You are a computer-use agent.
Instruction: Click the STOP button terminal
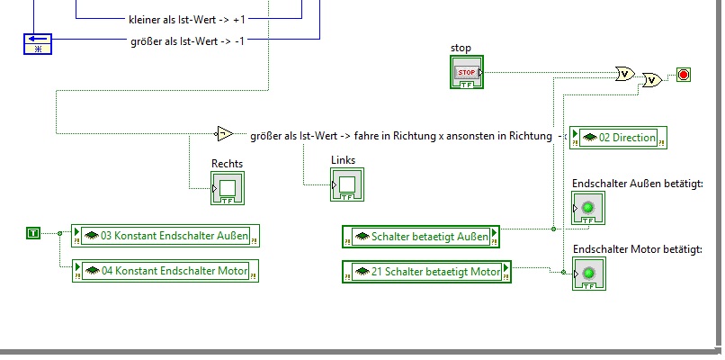(467, 72)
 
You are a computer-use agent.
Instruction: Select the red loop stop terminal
(684, 75)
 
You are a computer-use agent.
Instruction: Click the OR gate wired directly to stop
(624, 74)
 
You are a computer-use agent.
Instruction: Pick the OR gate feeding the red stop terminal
(652, 80)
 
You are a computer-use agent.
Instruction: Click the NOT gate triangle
(225, 134)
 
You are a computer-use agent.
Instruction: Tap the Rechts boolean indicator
(228, 188)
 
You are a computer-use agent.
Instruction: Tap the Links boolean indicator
(347, 184)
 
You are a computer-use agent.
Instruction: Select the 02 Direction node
(618, 138)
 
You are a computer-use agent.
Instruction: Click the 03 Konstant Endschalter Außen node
(166, 236)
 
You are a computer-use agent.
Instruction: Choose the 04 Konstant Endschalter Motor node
(166, 271)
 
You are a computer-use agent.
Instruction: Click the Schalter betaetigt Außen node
(421, 237)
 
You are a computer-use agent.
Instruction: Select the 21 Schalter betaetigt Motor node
(426, 272)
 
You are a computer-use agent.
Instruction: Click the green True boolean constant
(33, 233)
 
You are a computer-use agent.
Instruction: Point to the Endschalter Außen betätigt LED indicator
(588, 208)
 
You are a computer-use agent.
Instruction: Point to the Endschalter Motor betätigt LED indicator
(589, 274)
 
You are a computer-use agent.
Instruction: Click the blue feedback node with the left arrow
(38, 44)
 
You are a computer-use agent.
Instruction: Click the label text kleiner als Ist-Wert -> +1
(187, 20)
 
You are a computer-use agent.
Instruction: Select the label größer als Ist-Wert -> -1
(188, 40)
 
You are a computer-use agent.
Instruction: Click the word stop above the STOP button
(461, 48)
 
